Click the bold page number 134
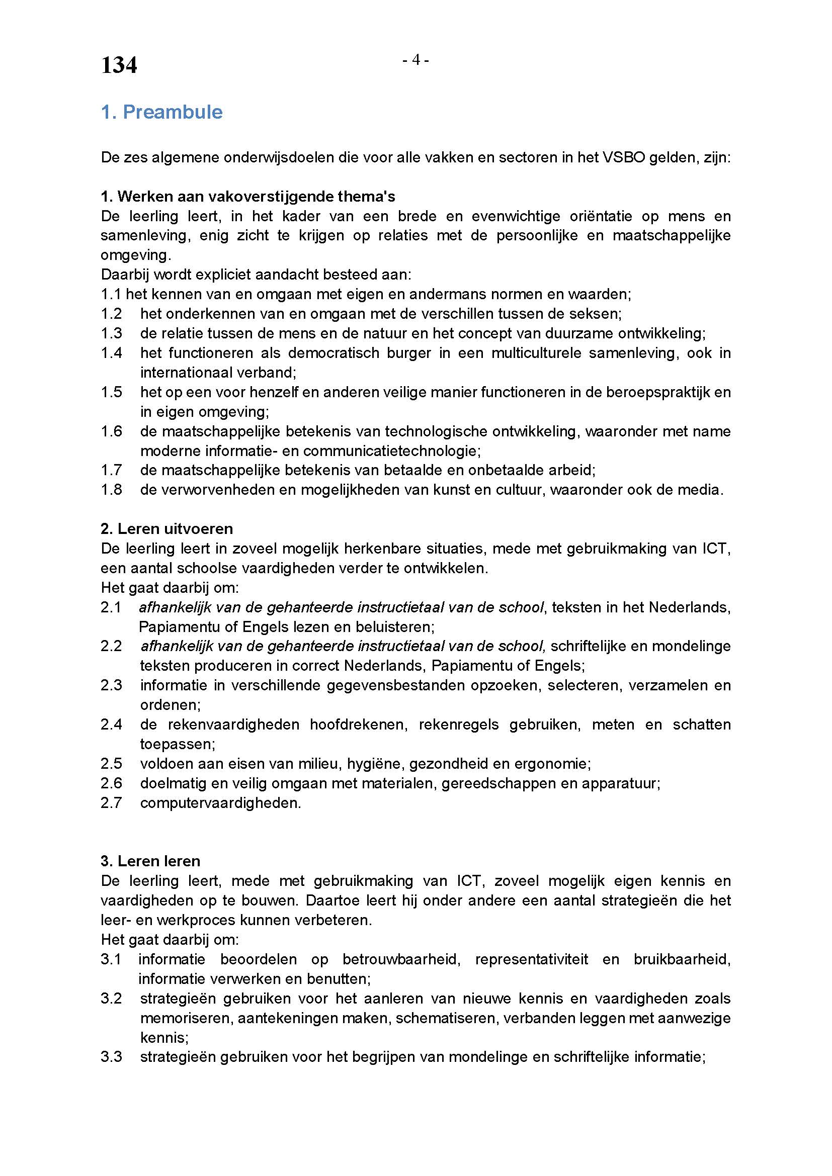click(119, 65)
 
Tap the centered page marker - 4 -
click(415, 60)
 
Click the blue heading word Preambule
click(173, 112)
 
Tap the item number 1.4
click(111, 353)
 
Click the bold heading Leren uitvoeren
click(167, 528)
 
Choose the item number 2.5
click(111, 764)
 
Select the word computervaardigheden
click(220, 802)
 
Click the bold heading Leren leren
click(151, 861)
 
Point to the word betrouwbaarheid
click(401, 959)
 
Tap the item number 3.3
click(111, 1057)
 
